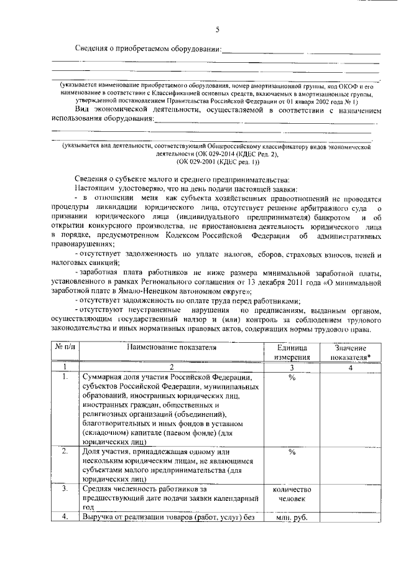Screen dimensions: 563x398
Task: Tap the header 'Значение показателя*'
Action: click(x=351, y=353)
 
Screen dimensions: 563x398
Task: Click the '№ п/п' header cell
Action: click(x=65, y=350)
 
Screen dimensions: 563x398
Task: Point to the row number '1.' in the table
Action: click(x=65, y=377)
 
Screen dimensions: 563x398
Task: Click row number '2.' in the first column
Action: click(x=65, y=452)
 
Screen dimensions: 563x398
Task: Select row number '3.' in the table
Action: click(x=65, y=490)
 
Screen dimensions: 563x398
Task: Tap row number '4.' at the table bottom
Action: click(x=65, y=517)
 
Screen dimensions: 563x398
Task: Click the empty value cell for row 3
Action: click(x=351, y=498)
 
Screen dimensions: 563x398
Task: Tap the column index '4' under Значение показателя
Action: click(x=351, y=368)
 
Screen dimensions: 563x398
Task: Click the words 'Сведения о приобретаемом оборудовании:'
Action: click(x=148, y=49)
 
